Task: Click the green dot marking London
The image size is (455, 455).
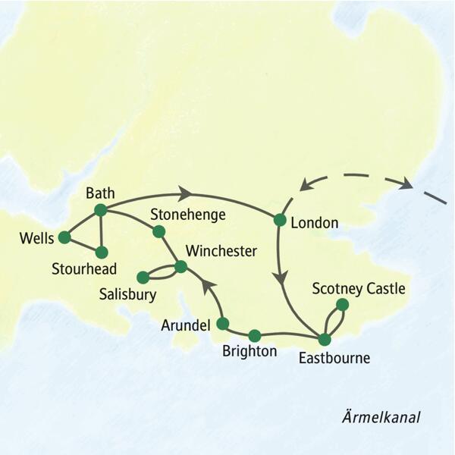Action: [x=279, y=220]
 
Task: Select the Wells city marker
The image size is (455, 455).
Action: [x=64, y=237]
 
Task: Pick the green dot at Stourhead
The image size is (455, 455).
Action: [x=101, y=252]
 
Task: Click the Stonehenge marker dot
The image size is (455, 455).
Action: [x=159, y=231]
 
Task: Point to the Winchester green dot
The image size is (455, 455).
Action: [x=180, y=266]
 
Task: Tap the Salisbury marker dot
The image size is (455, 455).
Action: [x=142, y=278]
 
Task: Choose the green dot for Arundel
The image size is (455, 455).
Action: [x=222, y=324]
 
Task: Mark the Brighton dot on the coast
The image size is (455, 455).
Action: [x=255, y=335]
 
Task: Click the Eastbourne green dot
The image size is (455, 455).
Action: [x=325, y=339]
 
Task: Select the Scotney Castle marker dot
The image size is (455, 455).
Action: [x=342, y=305]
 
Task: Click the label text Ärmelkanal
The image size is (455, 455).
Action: [x=381, y=418]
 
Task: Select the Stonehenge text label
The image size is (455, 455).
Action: [x=188, y=215]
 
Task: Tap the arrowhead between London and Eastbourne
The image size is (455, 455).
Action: [x=281, y=277]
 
